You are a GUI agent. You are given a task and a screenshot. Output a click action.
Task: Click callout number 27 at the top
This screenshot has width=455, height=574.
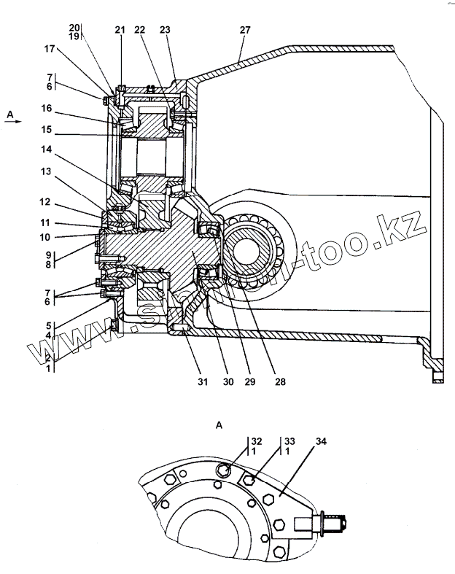click(244, 30)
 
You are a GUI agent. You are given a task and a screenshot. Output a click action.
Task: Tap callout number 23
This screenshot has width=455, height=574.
click(165, 30)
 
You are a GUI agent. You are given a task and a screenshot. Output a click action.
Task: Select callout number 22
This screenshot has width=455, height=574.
click(140, 30)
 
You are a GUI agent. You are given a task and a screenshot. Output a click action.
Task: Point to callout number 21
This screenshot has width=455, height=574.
click(120, 30)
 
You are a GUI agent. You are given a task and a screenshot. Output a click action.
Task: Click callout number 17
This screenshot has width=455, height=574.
click(50, 50)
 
